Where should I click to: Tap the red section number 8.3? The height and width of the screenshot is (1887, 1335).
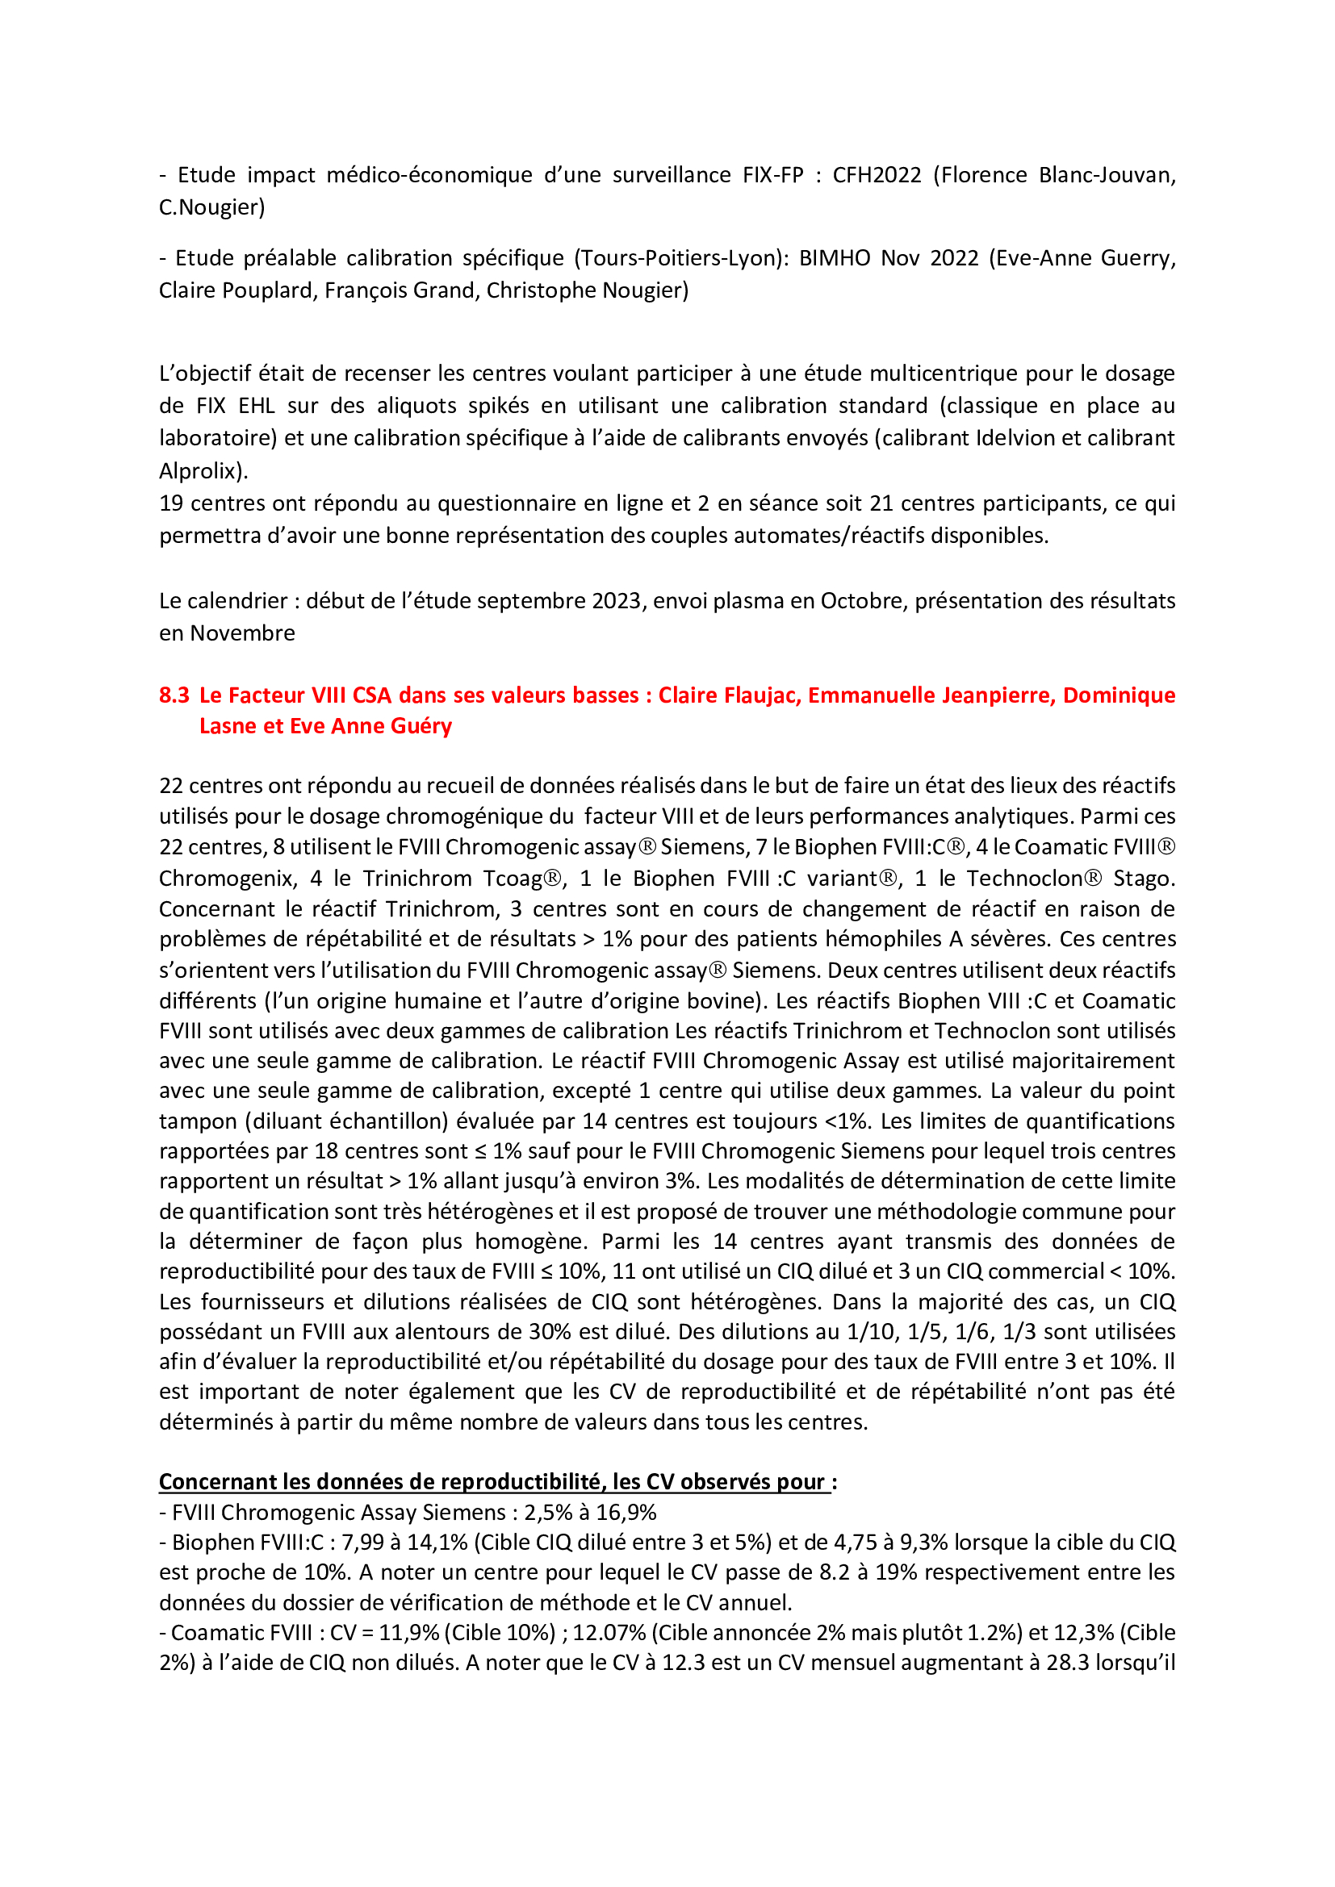174,695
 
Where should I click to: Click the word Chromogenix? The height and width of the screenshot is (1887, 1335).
228,879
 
